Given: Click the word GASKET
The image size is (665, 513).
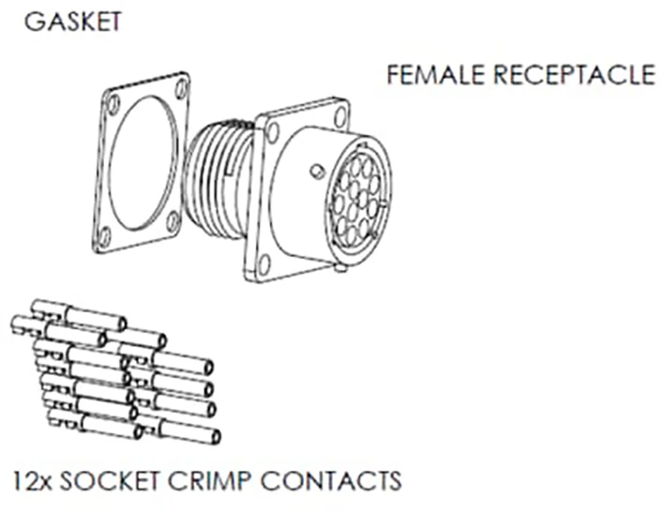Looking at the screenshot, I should pyautogui.click(x=73, y=22).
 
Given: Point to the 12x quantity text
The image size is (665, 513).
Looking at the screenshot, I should pyautogui.click(x=32, y=481).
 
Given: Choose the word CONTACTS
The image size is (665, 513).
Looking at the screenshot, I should pyautogui.click(x=330, y=481).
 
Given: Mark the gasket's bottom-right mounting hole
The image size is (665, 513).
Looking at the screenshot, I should pyautogui.click(x=172, y=221).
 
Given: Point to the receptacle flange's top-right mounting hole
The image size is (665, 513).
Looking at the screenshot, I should pyautogui.click(x=340, y=117).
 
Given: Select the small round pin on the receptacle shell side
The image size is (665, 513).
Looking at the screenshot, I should pyautogui.click(x=318, y=172).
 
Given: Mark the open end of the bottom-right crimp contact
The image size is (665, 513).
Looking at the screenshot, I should pyautogui.click(x=216, y=436).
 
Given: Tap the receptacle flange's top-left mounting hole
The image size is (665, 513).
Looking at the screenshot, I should pyautogui.click(x=273, y=132).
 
